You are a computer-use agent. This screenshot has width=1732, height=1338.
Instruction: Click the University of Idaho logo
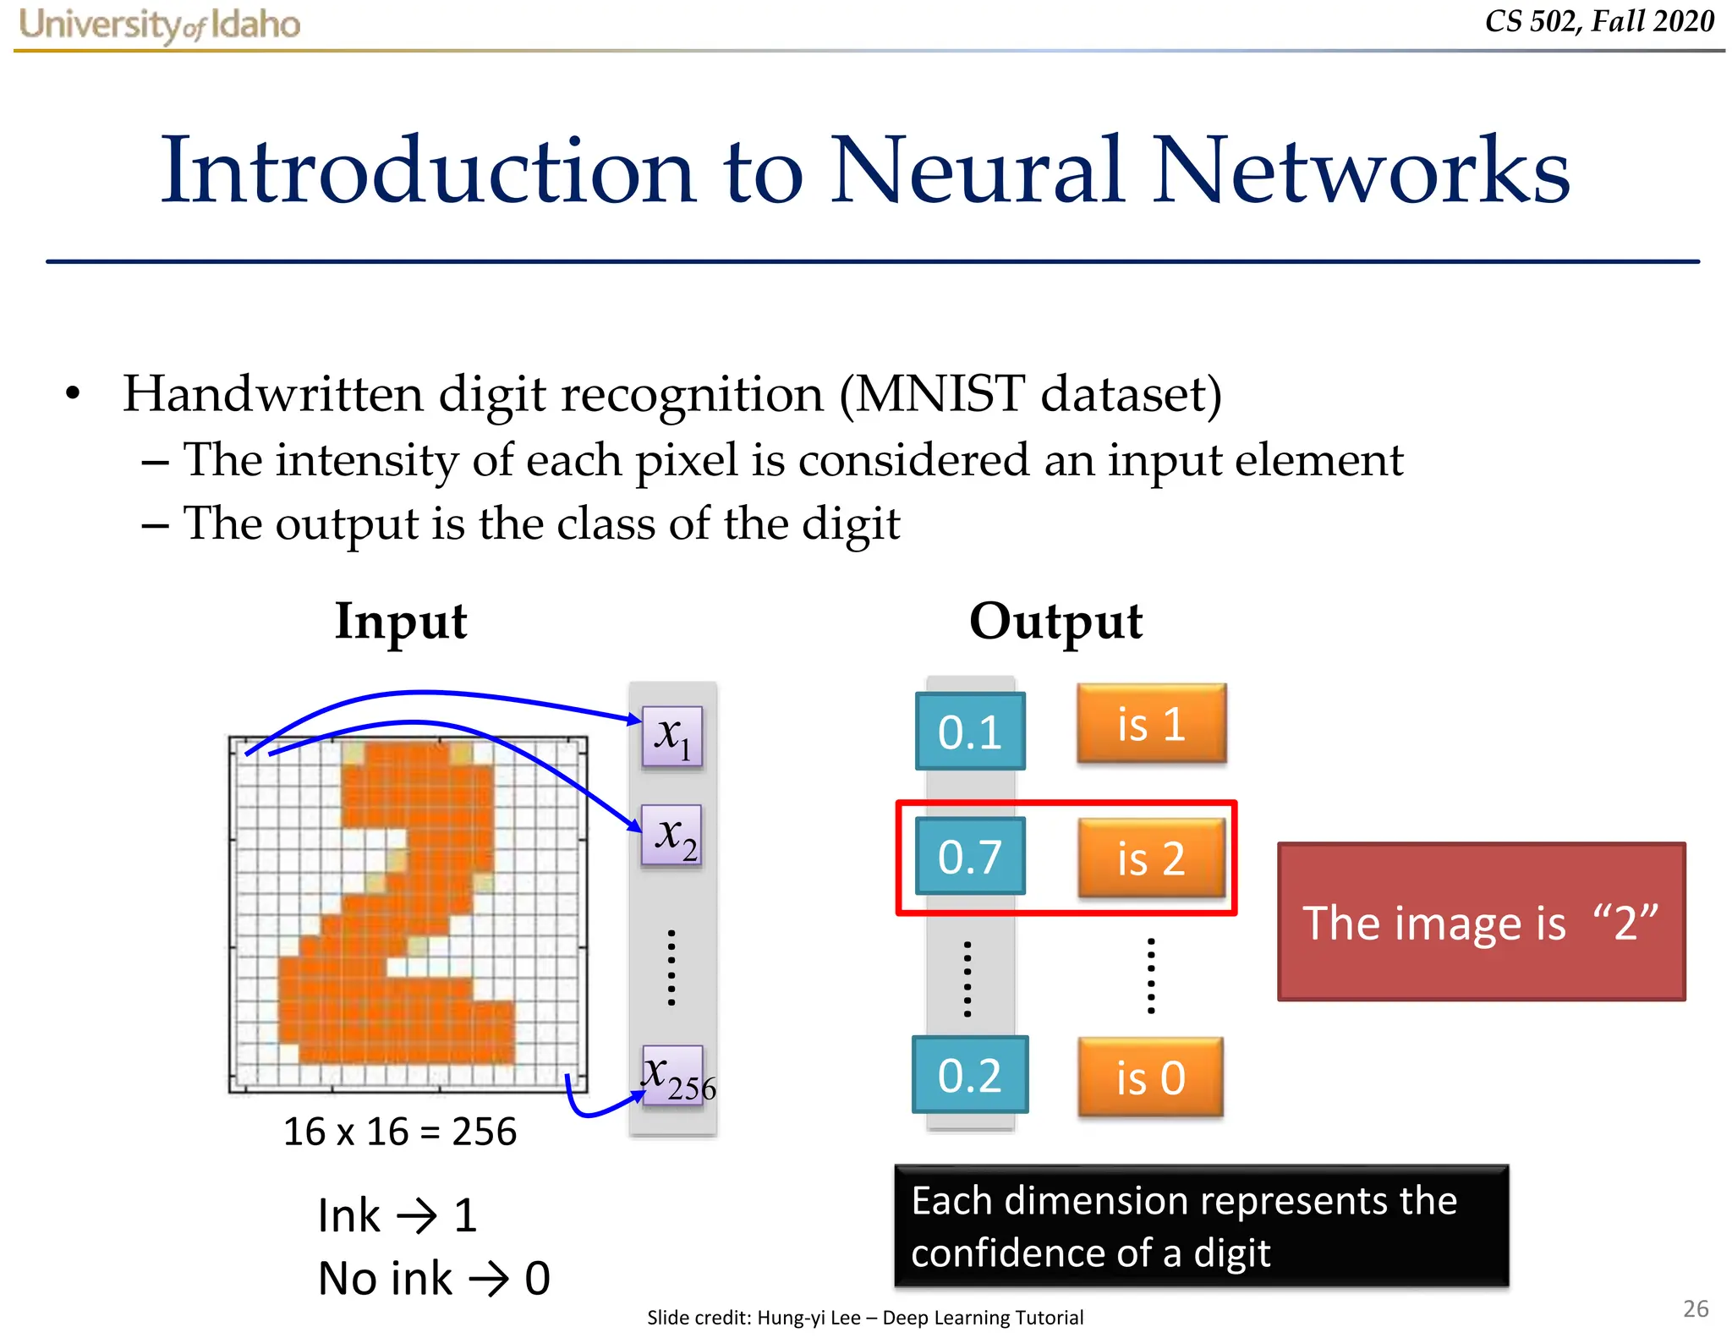(x=159, y=25)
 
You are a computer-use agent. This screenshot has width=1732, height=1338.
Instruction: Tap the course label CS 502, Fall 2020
(x=1598, y=21)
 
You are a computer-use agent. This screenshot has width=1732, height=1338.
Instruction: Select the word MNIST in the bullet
(x=940, y=394)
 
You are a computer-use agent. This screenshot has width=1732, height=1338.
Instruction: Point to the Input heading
(x=401, y=622)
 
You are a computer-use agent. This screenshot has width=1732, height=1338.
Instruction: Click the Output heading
(x=1055, y=622)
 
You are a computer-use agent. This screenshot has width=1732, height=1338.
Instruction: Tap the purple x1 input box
(x=672, y=736)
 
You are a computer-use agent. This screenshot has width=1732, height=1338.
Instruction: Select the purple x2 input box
(x=672, y=835)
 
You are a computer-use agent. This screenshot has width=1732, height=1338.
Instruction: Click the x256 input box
(x=674, y=1076)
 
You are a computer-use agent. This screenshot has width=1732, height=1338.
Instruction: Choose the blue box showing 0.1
(x=970, y=732)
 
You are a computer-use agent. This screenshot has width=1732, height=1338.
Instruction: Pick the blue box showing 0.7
(x=970, y=856)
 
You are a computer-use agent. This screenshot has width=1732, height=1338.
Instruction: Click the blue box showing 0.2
(x=970, y=1075)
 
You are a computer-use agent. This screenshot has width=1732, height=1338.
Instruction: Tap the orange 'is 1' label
(x=1151, y=724)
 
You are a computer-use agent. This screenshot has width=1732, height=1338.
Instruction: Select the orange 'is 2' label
(x=1151, y=858)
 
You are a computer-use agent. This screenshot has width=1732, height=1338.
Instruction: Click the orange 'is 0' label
(x=1150, y=1078)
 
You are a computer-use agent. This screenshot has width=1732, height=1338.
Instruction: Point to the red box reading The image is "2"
(x=1481, y=922)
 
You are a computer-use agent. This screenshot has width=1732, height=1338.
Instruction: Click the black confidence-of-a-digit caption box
(x=1201, y=1226)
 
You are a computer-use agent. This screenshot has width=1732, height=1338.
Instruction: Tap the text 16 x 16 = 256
(x=399, y=1132)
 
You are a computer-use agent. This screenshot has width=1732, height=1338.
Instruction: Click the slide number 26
(x=1696, y=1308)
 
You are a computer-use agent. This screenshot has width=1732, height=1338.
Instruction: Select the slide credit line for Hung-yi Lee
(x=864, y=1317)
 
